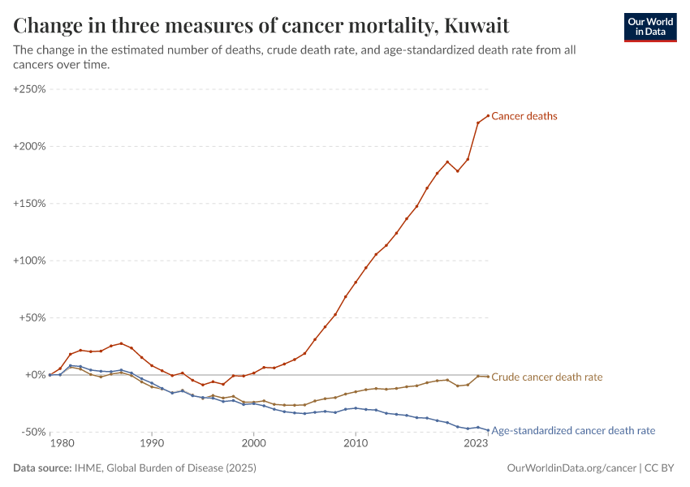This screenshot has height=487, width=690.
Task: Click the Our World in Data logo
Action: pyautogui.click(x=649, y=27)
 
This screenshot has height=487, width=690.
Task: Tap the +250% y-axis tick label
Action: pyautogui.click(x=29, y=89)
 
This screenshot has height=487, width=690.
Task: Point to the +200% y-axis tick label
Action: pyautogui.click(x=29, y=146)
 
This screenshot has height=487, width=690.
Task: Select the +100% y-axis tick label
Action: pyautogui.click(x=29, y=261)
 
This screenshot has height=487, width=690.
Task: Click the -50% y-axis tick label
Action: pyautogui.click(x=32, y=432)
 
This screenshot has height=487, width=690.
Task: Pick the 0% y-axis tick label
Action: pyautogui.click(x=37, y=375)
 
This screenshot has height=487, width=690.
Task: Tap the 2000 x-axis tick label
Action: pyautogui.click(x=253, y=444)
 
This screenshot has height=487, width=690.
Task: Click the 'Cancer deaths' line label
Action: pyautogui.click(x=524, y=116)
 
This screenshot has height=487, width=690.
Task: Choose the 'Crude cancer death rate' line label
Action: pyautogui.click(x=547, y=377)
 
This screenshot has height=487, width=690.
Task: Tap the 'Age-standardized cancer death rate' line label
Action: pyautogui.click(x=573, y=431)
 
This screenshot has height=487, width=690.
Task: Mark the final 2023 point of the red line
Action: pyautogui.click(x=488, y=115)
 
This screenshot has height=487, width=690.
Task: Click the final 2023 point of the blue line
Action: pyautogui.click(x=488, y=430)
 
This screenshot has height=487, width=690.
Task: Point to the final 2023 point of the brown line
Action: pyautogui.click(x=488, y=377)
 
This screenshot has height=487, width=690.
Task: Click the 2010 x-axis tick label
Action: pyautogui.click(x=355, y=444)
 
